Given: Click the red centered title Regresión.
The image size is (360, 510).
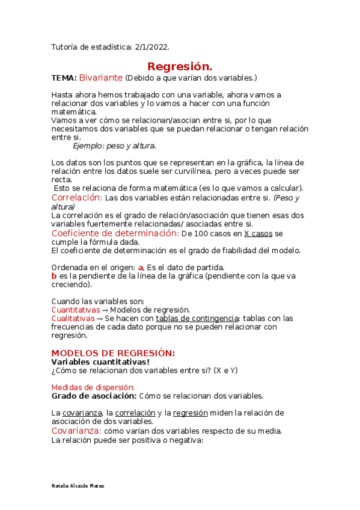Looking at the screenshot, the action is [180, 66].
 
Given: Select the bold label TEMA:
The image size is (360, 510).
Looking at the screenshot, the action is [64, 78].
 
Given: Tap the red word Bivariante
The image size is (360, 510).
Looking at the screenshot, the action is [101, 78].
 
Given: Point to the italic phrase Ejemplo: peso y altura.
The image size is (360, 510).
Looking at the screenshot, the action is [114, 146].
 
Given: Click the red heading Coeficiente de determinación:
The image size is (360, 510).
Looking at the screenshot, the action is [115, 233].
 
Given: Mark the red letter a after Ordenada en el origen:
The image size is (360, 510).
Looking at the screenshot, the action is [141, 268].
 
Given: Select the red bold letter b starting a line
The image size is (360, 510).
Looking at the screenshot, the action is [54, 276].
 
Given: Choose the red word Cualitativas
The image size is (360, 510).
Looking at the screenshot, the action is [73, 318].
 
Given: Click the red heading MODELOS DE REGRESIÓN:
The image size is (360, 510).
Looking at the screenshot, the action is [113, 353].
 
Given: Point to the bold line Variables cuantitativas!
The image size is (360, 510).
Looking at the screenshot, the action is [100, 361].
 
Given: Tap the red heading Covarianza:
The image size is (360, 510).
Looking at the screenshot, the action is [77, 431].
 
